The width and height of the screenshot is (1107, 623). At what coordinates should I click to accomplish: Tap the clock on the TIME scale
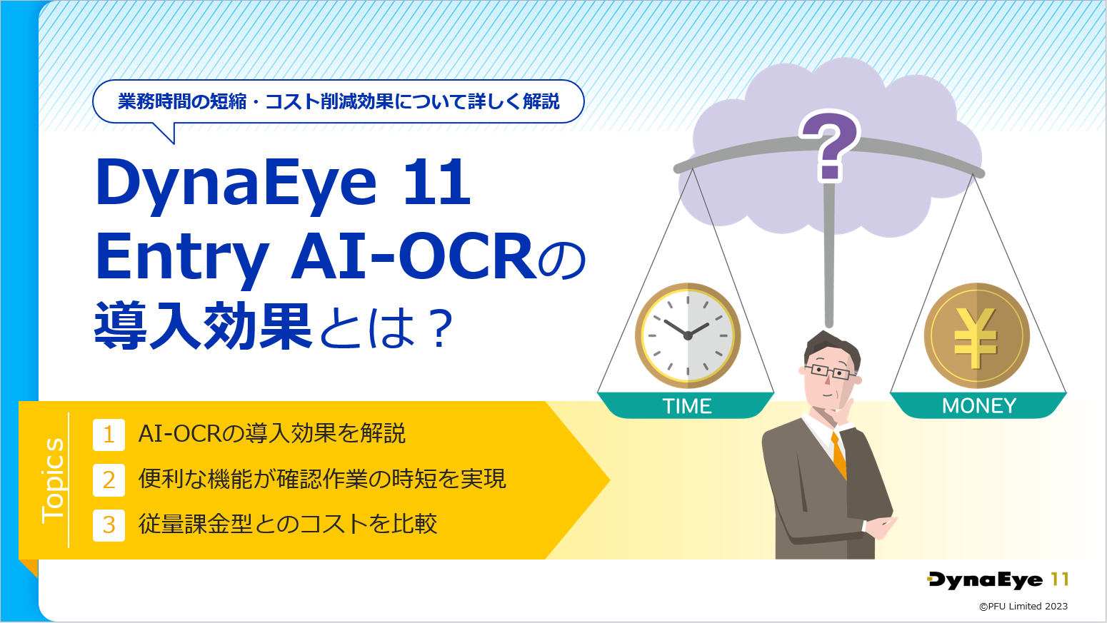tap(688, 335)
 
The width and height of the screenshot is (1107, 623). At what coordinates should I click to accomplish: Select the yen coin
tap(976, 335)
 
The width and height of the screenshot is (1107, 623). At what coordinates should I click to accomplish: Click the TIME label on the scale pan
tap(687, 406)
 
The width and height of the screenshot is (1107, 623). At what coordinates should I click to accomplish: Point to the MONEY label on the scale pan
tap(979, 406)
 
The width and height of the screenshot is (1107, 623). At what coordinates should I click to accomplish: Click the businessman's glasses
tap(830, 371)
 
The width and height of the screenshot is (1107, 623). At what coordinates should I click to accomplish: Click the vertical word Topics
tap(53, 480)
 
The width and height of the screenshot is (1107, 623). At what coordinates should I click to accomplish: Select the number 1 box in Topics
tap(109, 435)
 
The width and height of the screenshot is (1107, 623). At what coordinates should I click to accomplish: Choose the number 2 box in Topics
tap(109, 480)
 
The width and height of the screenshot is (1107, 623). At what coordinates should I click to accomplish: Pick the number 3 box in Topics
tap(109, 525)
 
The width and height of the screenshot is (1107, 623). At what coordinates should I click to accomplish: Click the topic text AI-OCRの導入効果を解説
tap(272, 433)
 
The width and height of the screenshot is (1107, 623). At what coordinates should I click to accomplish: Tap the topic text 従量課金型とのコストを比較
tap(288, 524)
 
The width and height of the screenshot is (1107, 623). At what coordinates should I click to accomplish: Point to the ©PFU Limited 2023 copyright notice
tap(1023, 606)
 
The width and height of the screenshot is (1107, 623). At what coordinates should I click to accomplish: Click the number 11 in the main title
tap(437, 182)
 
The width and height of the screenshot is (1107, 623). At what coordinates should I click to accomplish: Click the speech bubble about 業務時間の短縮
tap(339, 102)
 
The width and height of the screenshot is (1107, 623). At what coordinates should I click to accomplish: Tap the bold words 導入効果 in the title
tap(203, 326)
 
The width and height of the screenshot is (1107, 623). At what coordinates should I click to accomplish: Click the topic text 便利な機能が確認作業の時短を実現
tap(322, 479)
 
